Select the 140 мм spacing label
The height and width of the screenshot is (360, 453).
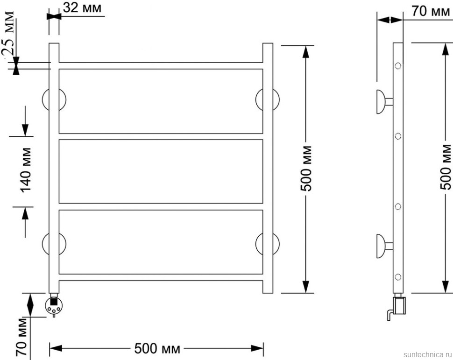tap(25, 170)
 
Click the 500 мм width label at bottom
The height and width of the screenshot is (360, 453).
tap(157, 348)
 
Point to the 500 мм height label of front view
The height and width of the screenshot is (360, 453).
tap(306, 169)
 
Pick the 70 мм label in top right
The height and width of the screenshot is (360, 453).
tap(431, 11)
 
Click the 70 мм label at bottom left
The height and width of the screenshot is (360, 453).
tap(21, 337)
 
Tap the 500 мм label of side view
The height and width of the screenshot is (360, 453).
tap(446, 167)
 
